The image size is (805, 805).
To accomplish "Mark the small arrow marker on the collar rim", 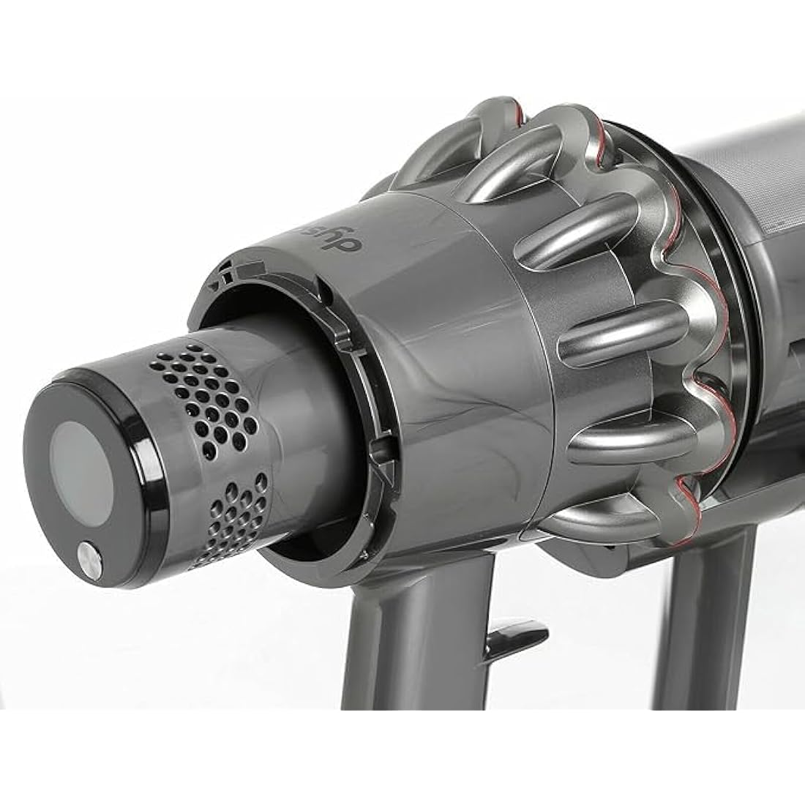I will click(x=214, y=287).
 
